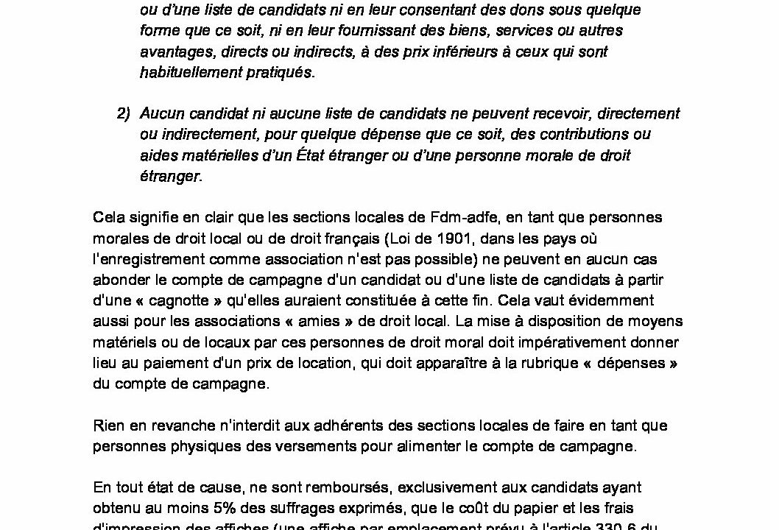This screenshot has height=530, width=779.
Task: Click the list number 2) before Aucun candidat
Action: coord(123,114)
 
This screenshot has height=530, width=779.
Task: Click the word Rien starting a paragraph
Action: coord(107,425)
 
